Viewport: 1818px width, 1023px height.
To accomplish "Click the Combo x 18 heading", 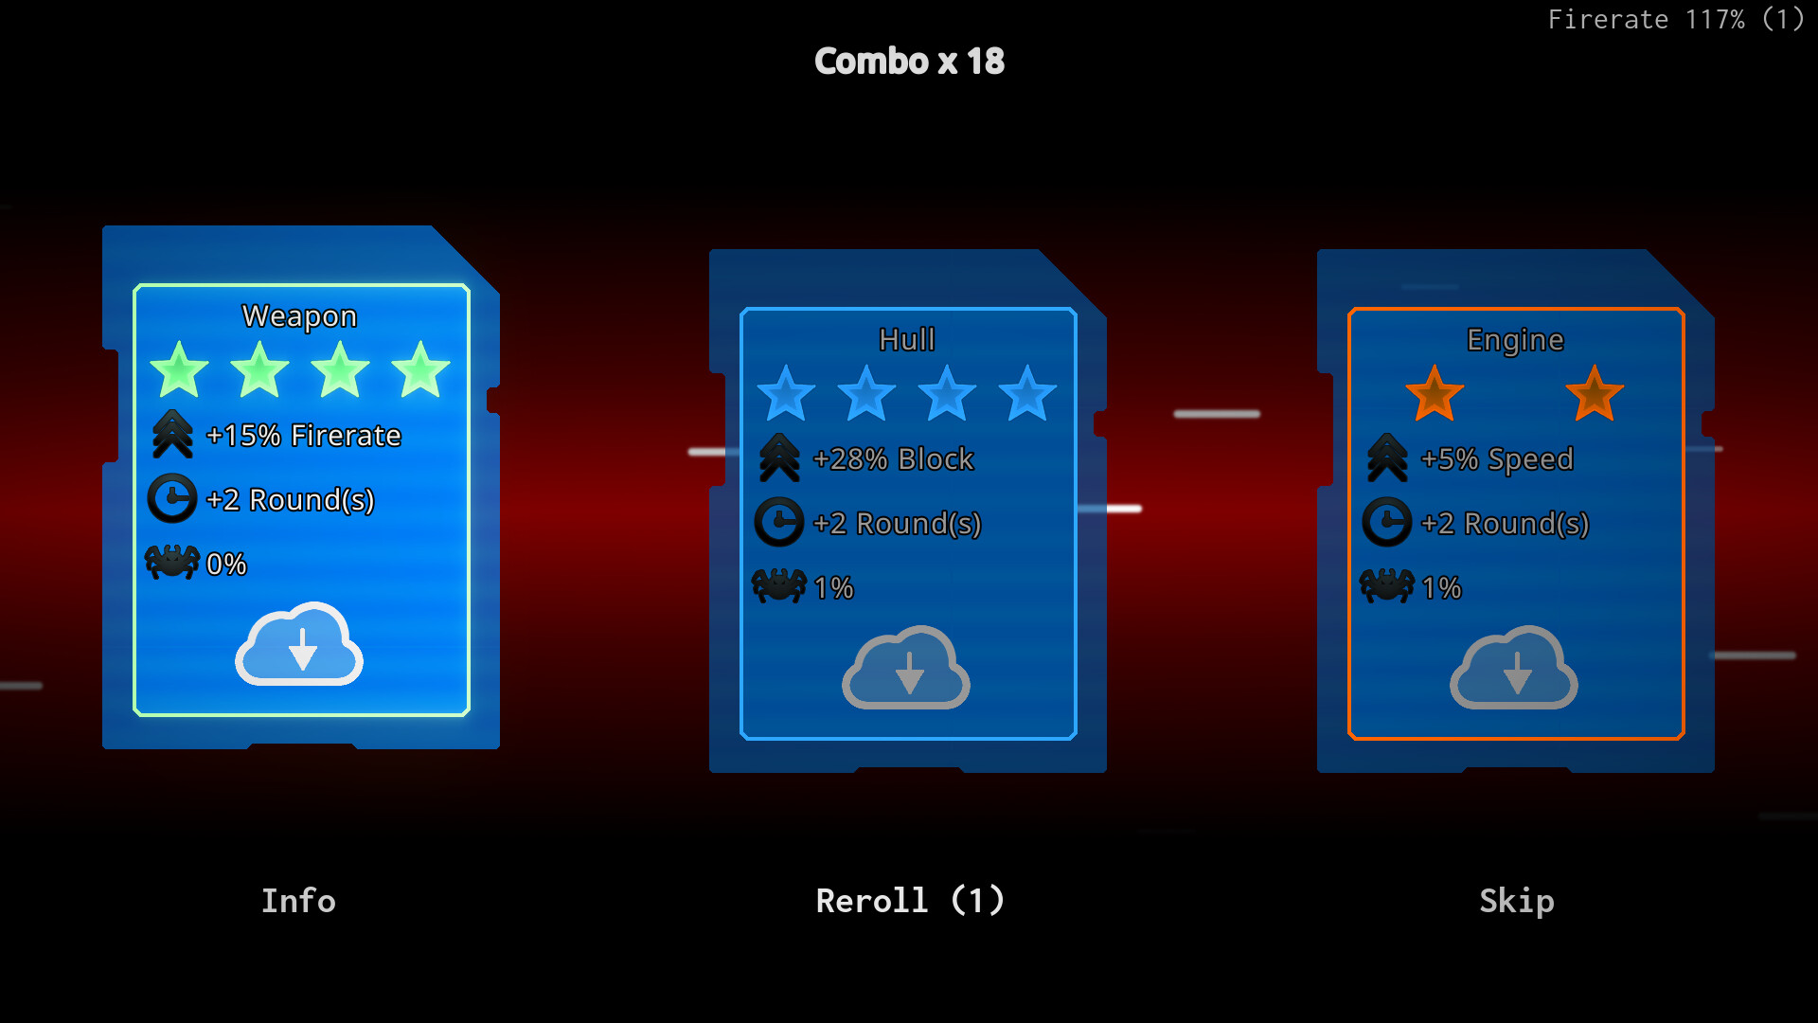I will pos(909,62).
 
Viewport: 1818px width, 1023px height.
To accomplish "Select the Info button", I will pos(298,901).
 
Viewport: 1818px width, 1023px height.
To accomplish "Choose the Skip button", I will pos(1516,901).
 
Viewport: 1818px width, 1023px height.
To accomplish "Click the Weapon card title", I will pos(299,316).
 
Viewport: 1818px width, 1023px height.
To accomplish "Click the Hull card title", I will pos(906,340).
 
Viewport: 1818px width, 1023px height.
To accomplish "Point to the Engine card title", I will pos(1514,340).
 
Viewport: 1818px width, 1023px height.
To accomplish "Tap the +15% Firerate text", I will pos(303,436).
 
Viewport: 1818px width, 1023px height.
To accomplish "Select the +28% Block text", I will pos(893,459).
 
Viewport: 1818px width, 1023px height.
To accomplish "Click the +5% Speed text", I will pos(1497,459).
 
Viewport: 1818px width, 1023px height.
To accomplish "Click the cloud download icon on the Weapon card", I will pos(299,645).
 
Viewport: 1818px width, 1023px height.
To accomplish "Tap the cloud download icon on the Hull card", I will pos(906,669).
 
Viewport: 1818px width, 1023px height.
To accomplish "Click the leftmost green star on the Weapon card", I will pos(179,371).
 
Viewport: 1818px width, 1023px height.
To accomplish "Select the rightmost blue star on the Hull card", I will pos(1027,395).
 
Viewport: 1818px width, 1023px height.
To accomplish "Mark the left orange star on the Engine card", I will pos(1435,395).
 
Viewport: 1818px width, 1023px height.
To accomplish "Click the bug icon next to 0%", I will pos(172,562).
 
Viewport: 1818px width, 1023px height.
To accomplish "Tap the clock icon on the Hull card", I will pos(779,522).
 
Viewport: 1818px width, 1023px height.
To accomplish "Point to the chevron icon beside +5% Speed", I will pos(1387,458).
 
